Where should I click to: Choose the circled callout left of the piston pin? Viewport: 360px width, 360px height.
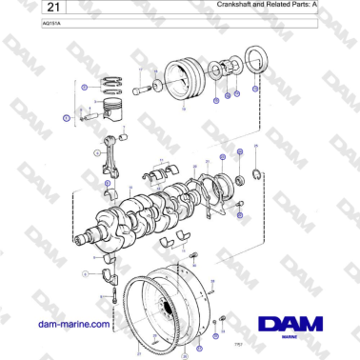click(67, 119)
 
